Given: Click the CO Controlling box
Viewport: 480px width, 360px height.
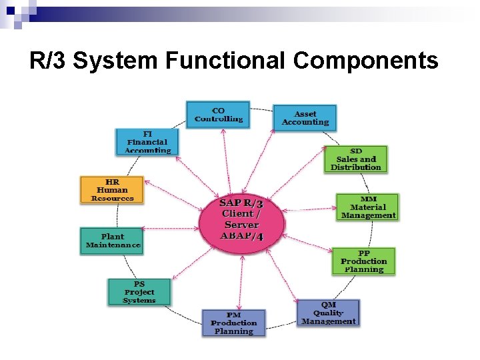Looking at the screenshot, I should pyautogui.click(x=218, y=115).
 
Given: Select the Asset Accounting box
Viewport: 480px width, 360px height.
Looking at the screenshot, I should pyautogui.click(x=305, y=118).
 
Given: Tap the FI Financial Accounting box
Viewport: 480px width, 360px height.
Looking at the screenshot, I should pyautogui.click(x=147, y=142).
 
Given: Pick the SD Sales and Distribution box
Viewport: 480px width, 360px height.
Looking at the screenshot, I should pyautogui.click(x=356, y=159).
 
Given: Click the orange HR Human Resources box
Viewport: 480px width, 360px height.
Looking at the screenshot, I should pyautogui.click(x=112, y=189).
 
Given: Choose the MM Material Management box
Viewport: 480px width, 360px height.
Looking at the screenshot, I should pyautogui.click(x=368, y=207).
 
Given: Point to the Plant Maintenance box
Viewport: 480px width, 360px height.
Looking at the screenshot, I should pyautogui.click(x=112, y=241).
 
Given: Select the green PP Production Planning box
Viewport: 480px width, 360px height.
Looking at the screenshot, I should pyautogui.click(x=363, y=261).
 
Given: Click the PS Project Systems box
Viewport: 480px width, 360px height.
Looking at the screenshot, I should pyautogui.click(x=139, y=292).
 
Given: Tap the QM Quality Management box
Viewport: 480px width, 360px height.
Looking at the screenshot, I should pyautogui.click(x=328, y=313).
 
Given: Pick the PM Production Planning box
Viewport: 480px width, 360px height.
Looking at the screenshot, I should pyautogui.click(x=233, y=323).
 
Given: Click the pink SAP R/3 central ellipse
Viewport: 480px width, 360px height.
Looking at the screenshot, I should pyautogui.click(x=241, y=219).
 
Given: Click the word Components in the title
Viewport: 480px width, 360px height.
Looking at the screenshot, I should pyautogui.click(x=365, y=61).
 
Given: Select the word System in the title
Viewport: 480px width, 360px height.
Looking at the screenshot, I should pyautogui.click(x=116, y=61).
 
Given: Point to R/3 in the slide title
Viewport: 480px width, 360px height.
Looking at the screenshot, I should pyautogui.click(x=48, y=61).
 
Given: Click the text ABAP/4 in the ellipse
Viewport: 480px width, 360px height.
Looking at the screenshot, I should pyautogui.click(x=241, y=236).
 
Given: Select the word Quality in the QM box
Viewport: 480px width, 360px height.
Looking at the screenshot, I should pyautogui.click(x=328, y=313).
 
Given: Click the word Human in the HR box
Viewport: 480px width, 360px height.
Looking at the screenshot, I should pyautogui.click(x=112, y=189).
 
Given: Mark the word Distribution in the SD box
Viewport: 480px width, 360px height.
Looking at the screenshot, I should pyautogui.click(x=356, y=167).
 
